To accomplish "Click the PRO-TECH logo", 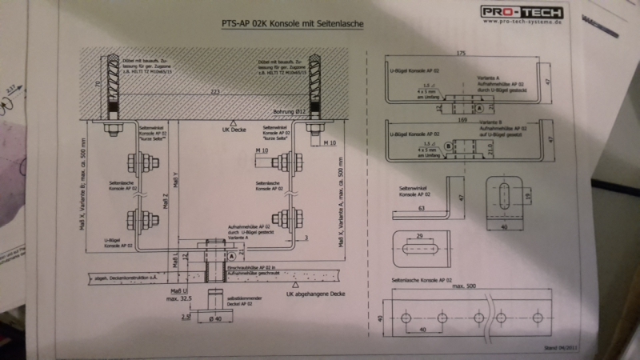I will pyautogui.click(x=522, y=12).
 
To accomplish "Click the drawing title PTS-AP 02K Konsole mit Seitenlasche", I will pyautogui.click(x=292, y=25).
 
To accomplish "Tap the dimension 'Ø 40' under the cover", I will pyautogui.click(x=213, y=318).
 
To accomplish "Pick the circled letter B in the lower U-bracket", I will pyautogui.click(x=448, y=145).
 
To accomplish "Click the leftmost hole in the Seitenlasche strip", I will pyautogui.click(x=406, y=318).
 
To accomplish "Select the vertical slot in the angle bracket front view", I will pyautogui.click(x=507, y=195).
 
